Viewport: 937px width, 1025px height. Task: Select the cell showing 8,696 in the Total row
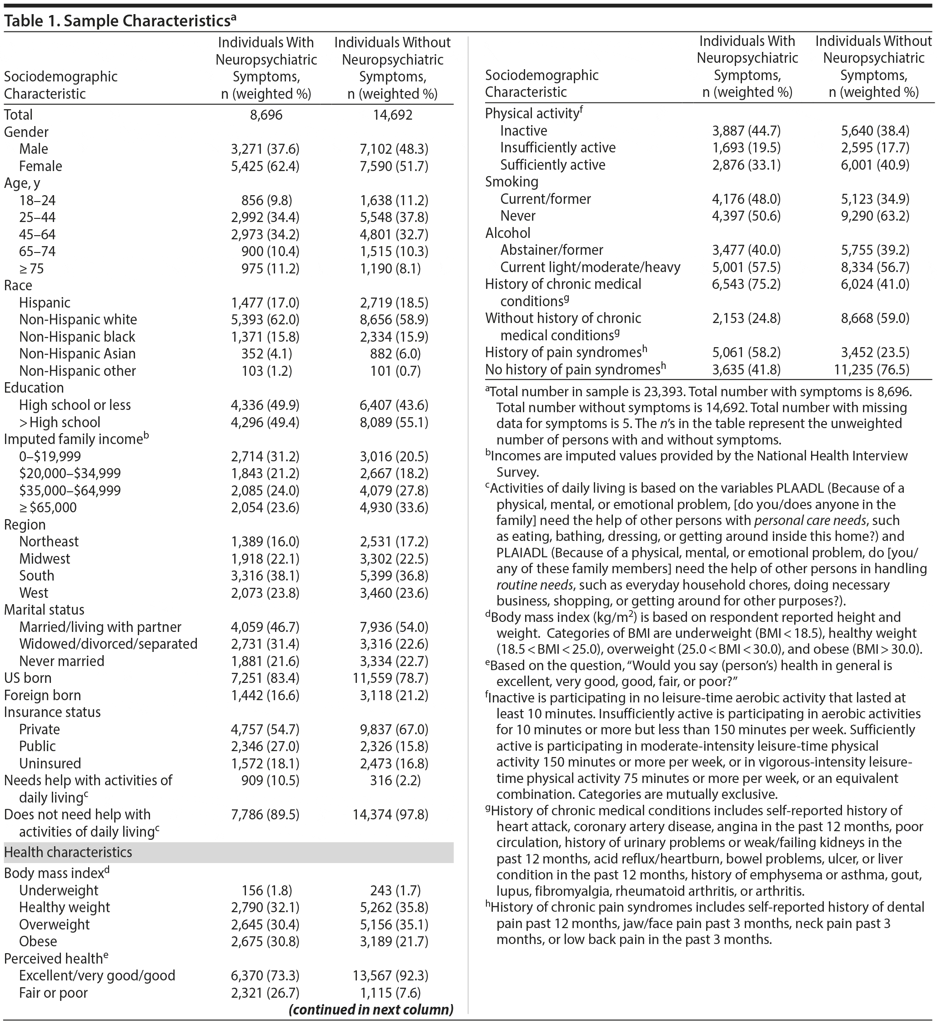pyautogui.click(x=266, y=115)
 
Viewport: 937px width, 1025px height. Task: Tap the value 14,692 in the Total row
pyautogui.click(x=392, y=115)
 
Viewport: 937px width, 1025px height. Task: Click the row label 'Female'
pyautogui.click(x=40, y=166)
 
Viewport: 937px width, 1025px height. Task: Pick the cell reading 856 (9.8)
pyautogui.click(x=266, y=200)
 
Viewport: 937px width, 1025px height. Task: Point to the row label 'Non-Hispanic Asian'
pyautogui.click(x=77, y=354)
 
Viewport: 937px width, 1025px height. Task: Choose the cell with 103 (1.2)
pyautogui.click(x=266, y=371)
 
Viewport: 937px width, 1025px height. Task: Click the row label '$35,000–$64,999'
pyautogui.click(x=70, y=490)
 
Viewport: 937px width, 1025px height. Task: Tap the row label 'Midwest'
pyautogui.click(x=45, y=559)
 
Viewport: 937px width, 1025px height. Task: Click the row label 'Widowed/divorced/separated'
pyautogui.click(x=108, y=644)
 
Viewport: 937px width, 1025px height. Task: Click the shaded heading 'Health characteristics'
pyautogui.click(x=68, y=853)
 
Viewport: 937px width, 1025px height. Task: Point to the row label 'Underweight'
pyautogui.click(x=59, y=891)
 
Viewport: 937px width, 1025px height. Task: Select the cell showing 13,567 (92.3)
pyautogui.click(x=390, y=976)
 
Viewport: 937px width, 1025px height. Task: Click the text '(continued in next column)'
pyautogui.click(x=371, y=1010)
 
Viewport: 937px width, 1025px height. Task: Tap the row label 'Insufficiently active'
pyautogui.click(x=557, y=148)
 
